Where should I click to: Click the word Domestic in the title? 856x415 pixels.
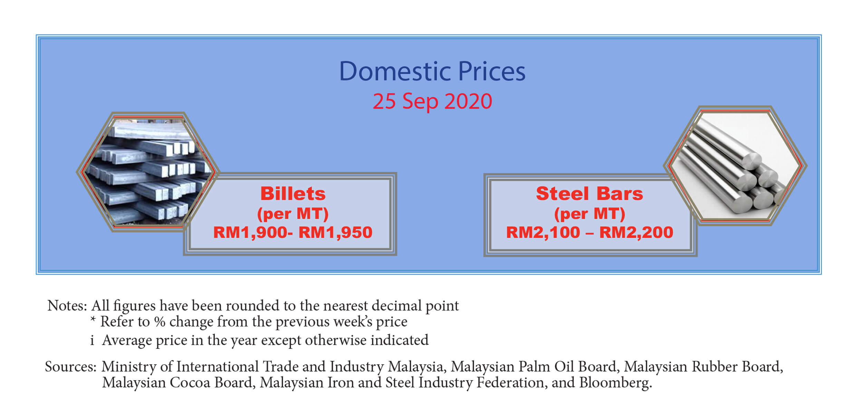[395, 71]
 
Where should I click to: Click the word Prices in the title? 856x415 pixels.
[492, 71]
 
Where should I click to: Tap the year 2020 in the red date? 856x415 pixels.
[468, 101]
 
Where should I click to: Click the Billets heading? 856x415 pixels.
[293, 194]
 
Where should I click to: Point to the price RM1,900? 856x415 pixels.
[250, 233]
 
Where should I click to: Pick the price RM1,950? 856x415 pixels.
[335, 233]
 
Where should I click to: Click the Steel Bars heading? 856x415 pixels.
[590, 194]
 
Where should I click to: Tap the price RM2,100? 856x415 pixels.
[543, 233]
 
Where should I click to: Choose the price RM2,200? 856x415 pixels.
[636, 233]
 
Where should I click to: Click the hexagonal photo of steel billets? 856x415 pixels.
[148, 171]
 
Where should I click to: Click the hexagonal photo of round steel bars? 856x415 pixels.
[735, 166]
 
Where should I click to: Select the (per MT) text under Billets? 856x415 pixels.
[293, 214]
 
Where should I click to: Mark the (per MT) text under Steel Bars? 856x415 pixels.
[590, 214]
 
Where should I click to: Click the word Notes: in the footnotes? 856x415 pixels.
[67, 306]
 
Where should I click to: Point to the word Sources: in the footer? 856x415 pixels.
[71, 366]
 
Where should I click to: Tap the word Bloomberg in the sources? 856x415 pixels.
[615, 383]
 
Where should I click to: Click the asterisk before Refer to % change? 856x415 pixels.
[93, 319]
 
